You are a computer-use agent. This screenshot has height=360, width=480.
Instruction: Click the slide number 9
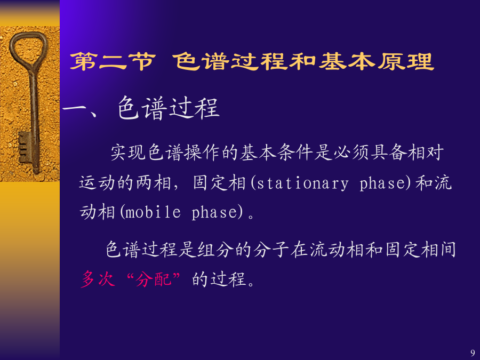(473, 353)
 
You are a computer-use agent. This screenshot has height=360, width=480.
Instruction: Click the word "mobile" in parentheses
(153, 212)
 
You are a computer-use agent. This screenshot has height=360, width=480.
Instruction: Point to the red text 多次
(98, 279)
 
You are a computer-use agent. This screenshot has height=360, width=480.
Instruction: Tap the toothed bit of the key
(25, 147)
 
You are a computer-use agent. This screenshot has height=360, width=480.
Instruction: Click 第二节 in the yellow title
(113, 61)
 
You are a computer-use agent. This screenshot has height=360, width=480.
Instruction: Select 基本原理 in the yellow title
(376, 61)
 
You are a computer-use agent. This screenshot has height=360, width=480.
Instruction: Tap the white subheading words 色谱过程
(169, 108)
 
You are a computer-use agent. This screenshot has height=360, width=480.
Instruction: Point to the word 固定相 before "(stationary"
(219, 183)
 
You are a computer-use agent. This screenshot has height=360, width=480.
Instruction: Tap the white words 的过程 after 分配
(219, 279)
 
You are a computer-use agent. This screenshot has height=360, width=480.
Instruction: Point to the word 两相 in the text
(154, 183)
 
